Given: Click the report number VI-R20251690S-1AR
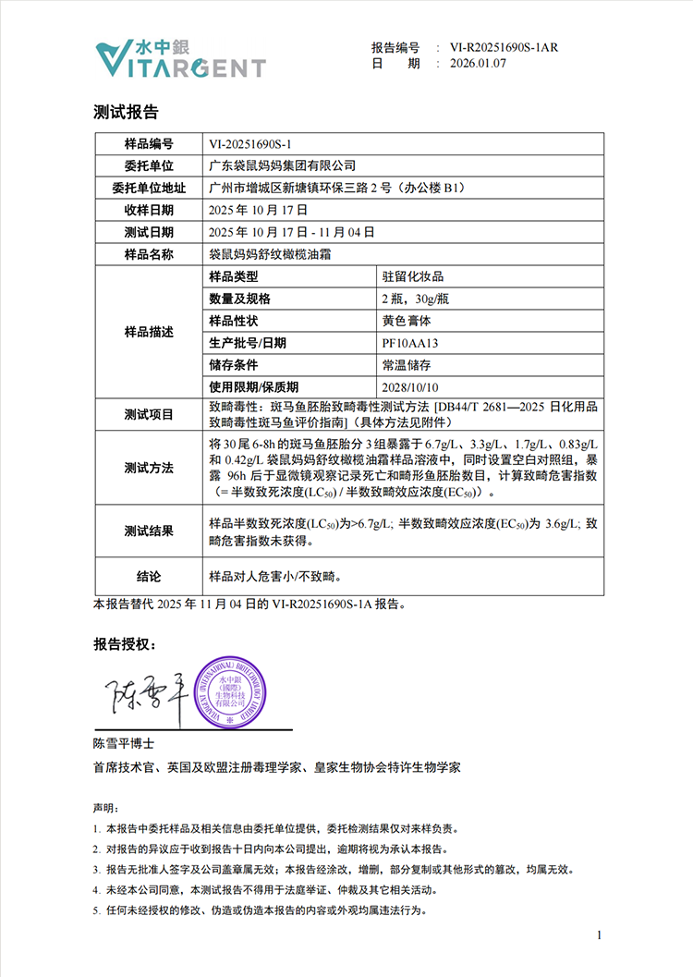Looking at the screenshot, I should tap(504, 47).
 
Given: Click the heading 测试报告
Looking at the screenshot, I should tap(126, 112).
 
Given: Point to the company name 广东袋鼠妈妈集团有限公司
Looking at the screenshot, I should tap(283, 165).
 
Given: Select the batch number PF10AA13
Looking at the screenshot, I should tap(409, 343).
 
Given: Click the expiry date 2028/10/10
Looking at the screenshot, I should tap(409, 387).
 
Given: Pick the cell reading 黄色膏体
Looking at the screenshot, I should tap(407, 321).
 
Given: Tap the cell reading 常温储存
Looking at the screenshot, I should tap(407, 365).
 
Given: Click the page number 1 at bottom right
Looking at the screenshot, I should tap(600, 936).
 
